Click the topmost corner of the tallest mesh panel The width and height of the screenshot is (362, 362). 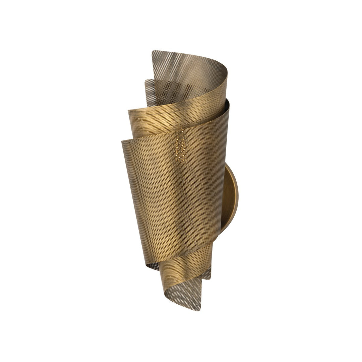pyautogui.click(x=153, y=52)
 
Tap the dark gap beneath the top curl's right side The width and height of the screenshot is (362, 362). pyautogui.click(x=225, y=101)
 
